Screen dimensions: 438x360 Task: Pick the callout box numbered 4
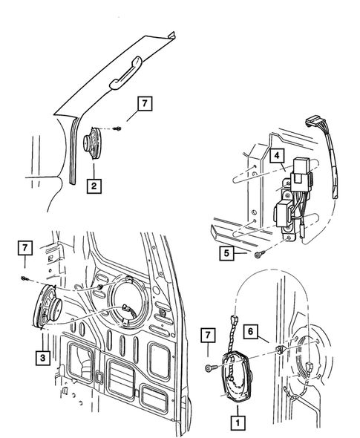coord(275,156)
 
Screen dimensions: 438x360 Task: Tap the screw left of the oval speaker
coord(211,368)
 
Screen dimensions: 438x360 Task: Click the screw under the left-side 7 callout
coord(26,278)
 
